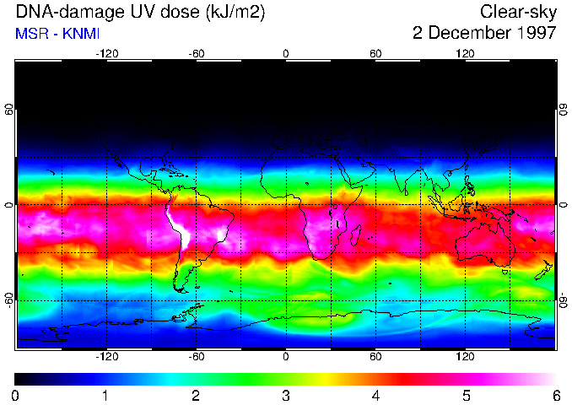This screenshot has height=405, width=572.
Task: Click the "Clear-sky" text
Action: [517, 13]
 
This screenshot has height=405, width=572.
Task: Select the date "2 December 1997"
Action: [483, 33]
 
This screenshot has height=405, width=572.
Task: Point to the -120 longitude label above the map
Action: [106, 53]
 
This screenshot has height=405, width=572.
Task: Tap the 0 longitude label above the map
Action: [286, 53]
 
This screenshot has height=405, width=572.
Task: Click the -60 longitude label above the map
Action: [197, 53]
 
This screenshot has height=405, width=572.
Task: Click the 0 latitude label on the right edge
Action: [562, 205]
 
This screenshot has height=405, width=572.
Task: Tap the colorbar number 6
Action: [555, 395]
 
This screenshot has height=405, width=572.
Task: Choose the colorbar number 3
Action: [285, 395]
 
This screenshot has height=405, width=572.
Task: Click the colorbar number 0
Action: [16, 395]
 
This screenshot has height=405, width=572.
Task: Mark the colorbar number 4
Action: [375, 395]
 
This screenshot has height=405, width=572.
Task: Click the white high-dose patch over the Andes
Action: [179, 224]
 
